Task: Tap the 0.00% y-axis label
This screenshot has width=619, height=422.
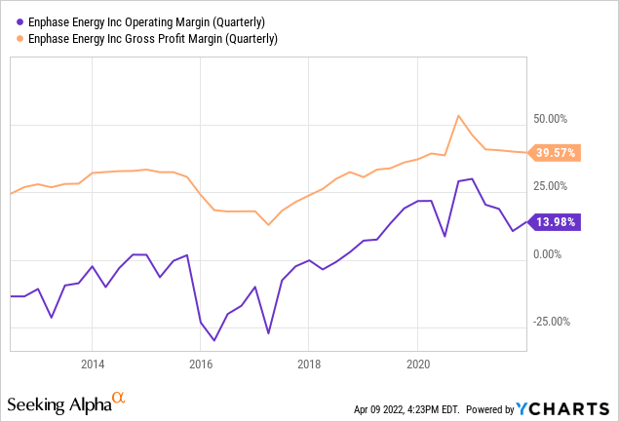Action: (550, 254)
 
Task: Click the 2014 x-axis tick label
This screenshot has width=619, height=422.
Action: (92, 364)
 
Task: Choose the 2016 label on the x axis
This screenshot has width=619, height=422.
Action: (200, 364)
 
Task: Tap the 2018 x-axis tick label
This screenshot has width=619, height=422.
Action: (308, 364)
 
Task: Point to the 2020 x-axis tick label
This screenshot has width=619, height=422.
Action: (417, 364)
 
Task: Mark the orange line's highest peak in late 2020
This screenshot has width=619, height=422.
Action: (458, 115)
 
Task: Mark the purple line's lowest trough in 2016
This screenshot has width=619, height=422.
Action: (213, 340)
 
